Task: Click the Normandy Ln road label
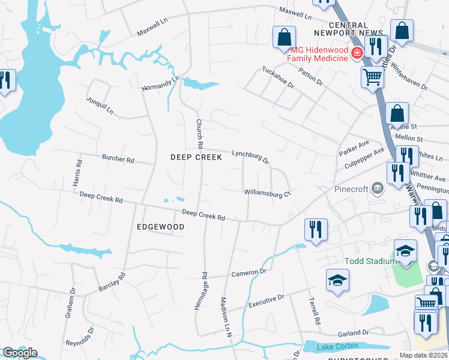click(160, 83)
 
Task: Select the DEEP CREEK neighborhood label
click(196, 157)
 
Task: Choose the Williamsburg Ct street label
click(267, 193)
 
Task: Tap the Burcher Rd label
click(118, 160)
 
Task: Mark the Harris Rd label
click(79, 172)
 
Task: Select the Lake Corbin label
click(339, 346)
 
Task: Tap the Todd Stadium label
click(369, 261)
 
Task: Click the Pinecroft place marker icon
click(377, 189)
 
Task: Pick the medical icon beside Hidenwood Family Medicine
click(357, 53)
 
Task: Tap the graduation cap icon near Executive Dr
click(337, 280)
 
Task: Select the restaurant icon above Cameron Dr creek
click(316, 229)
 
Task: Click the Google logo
click(20, 353)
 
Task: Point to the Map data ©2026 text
click(423, 355)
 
